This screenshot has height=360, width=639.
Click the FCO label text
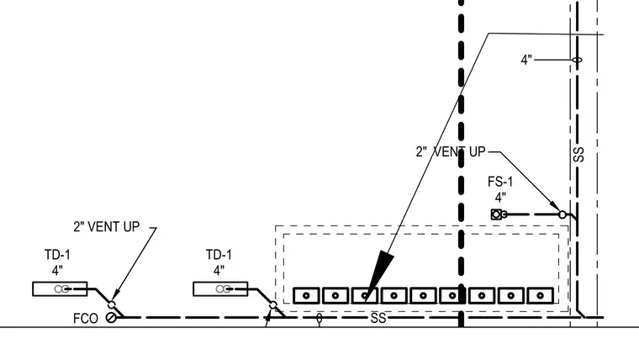[86, 319]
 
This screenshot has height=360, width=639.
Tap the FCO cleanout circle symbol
[111, 317]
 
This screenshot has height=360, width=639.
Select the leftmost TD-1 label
[57, 255]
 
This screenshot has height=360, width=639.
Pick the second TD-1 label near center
[219, 255]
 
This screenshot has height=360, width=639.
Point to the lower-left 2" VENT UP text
[107, 226]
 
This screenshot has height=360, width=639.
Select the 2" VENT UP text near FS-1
[451, 152]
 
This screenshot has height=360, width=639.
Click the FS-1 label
[500, 182]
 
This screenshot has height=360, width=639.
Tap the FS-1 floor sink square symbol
[496, 214]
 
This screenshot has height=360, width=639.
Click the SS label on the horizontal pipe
[378, 318]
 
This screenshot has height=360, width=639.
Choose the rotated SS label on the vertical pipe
[578, 155]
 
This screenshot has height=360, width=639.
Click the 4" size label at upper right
[526, 60]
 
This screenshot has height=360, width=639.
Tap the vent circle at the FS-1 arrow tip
[562, 214]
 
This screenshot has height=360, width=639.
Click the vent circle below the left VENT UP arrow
[112, 305]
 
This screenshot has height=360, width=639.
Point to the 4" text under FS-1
[500, 198]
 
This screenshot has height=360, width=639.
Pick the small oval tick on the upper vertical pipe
[577, 60]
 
